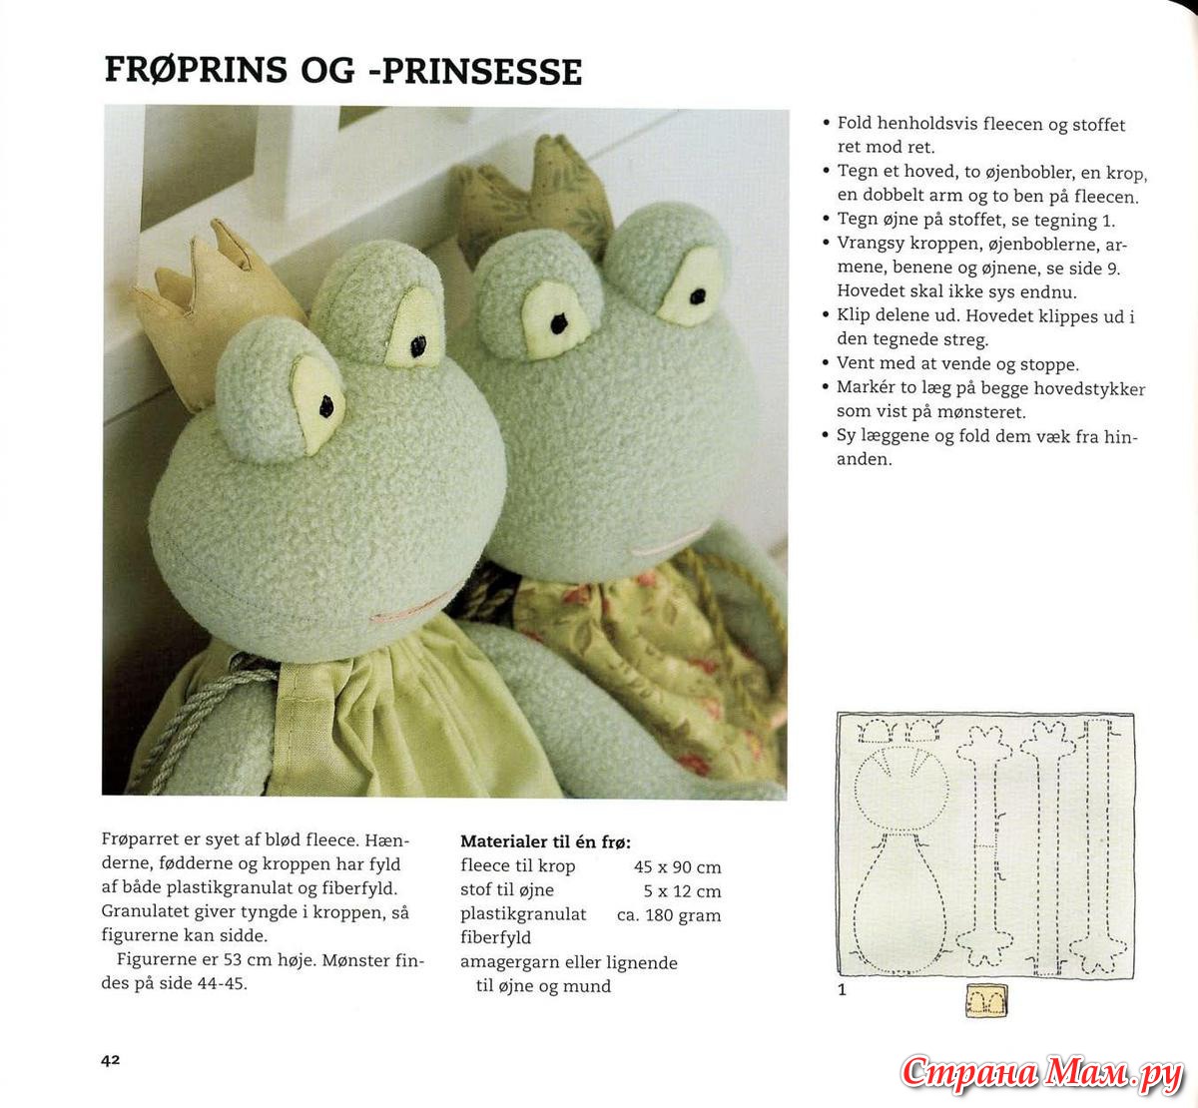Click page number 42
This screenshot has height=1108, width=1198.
[110, 1059]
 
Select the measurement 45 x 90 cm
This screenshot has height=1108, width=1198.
[677, 867]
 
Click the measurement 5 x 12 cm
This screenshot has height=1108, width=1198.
[682, 891]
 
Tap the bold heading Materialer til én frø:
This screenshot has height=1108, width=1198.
[545, 841]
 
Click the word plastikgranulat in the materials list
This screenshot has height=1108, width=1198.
[523, 914]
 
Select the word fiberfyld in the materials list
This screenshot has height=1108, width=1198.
[495, 937]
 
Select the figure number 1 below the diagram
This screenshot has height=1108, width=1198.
[842, 990]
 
